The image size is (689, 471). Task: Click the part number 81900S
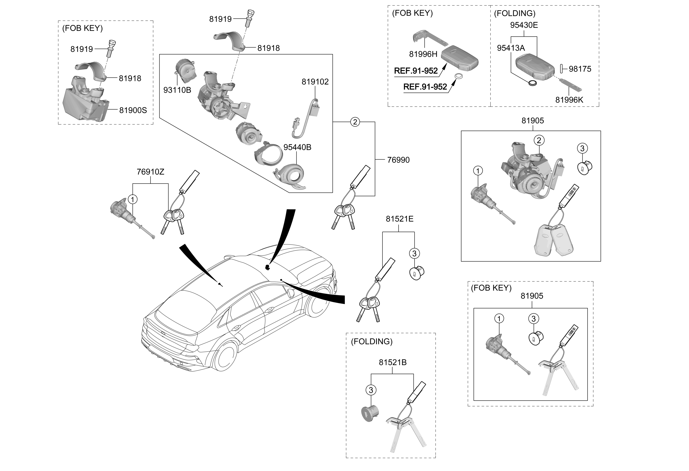click(x=133, y=110)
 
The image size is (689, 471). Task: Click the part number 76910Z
click(x=150, y=172)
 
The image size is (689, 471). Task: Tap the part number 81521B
click(x=393, y=362)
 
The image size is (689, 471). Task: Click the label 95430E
click(x=524, y=25)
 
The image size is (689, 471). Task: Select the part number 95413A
click(x=511, y=48)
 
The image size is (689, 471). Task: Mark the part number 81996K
click(x=569, y=100)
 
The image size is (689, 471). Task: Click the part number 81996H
click(x=423, y=54)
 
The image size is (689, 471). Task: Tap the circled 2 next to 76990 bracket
click(x=355, y=122)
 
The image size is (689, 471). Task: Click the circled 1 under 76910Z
click(x=132, y=199)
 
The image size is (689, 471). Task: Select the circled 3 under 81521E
click(x=414, y=254)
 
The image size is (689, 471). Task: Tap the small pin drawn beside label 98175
click(x=562, y=69)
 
